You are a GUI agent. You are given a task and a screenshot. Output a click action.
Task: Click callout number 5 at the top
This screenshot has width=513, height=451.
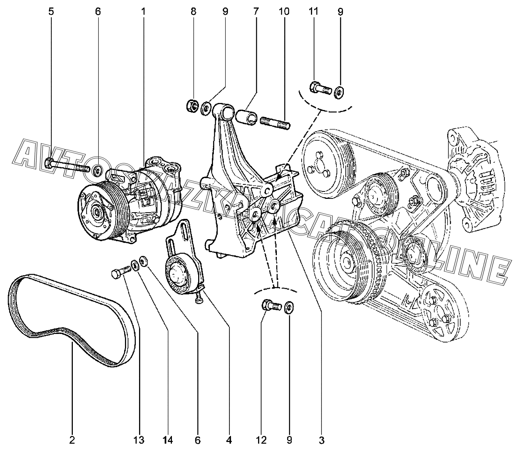tap(51, 11)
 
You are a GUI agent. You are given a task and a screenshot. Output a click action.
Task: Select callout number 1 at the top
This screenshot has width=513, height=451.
tap(143, 11)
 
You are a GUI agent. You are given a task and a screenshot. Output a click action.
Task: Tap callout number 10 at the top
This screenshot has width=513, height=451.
tap(284, 11)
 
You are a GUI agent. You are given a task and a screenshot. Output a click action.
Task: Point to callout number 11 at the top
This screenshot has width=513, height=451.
tap(313, 11)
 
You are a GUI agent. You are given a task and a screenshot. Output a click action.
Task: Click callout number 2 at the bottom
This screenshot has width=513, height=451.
tap(72, 440)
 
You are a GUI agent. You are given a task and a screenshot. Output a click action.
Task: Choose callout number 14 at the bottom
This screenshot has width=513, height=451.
tap(168, 440)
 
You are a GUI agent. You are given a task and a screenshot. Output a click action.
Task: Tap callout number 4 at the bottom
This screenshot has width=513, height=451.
tap(229, 440)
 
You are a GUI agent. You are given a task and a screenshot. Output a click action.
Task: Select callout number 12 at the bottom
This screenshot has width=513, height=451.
tap(261, 440)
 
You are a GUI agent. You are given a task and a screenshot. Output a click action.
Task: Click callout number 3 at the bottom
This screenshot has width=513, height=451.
tap(322, 440)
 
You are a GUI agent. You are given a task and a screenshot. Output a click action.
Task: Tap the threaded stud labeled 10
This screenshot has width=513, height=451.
tap(274, 121)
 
